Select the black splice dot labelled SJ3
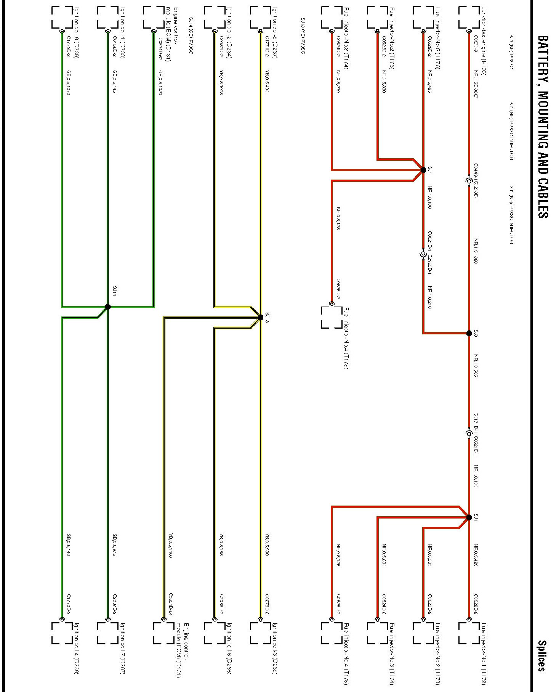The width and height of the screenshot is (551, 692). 469,333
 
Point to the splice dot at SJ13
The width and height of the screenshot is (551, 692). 261,317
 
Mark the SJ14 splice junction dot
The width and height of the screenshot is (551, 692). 108,307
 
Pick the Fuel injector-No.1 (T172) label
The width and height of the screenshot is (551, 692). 484,654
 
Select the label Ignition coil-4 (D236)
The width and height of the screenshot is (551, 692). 77,654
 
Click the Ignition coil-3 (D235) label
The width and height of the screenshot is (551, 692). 275,654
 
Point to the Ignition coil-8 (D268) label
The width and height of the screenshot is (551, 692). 229,654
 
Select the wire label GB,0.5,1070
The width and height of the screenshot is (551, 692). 69,83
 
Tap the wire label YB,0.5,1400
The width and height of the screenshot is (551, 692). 171,546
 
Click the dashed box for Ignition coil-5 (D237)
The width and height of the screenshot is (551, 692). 261,18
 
